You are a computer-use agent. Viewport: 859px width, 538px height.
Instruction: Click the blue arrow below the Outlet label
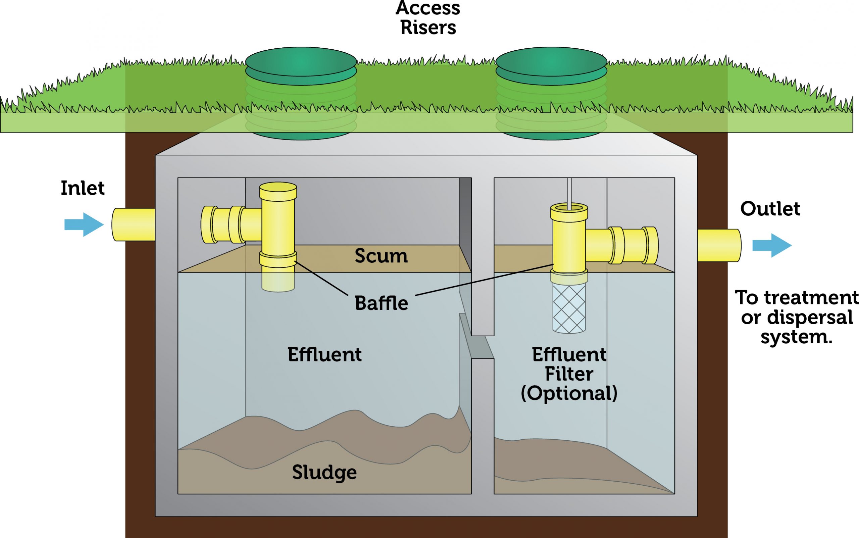point(771,245)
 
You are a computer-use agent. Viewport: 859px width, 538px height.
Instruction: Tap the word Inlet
point(83,188)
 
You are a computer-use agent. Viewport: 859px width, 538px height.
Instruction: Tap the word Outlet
point(770,208)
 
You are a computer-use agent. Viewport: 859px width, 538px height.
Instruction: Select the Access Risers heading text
point(428,18)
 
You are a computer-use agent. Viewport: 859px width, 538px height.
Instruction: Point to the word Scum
point(381,255)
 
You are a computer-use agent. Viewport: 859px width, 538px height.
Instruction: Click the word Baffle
point(381,303)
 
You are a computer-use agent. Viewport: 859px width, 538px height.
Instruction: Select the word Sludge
point(324,472)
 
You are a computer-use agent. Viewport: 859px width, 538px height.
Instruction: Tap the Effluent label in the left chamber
point(324,354)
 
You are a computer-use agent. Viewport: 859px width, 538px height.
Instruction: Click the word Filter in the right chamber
point(569,374)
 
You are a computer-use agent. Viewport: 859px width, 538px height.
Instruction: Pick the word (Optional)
point(569,393)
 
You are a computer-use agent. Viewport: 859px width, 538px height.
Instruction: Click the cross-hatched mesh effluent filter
point(569,308)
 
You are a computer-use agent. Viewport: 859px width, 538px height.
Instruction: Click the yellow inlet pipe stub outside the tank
point(134,225)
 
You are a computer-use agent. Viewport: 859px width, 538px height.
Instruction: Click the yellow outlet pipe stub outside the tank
point(718,245)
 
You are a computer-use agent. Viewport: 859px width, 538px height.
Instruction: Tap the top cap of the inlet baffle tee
point(278,188)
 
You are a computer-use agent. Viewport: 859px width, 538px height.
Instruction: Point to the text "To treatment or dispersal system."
point(796,317)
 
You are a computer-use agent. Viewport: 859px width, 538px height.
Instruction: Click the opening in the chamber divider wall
point(483,347)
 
